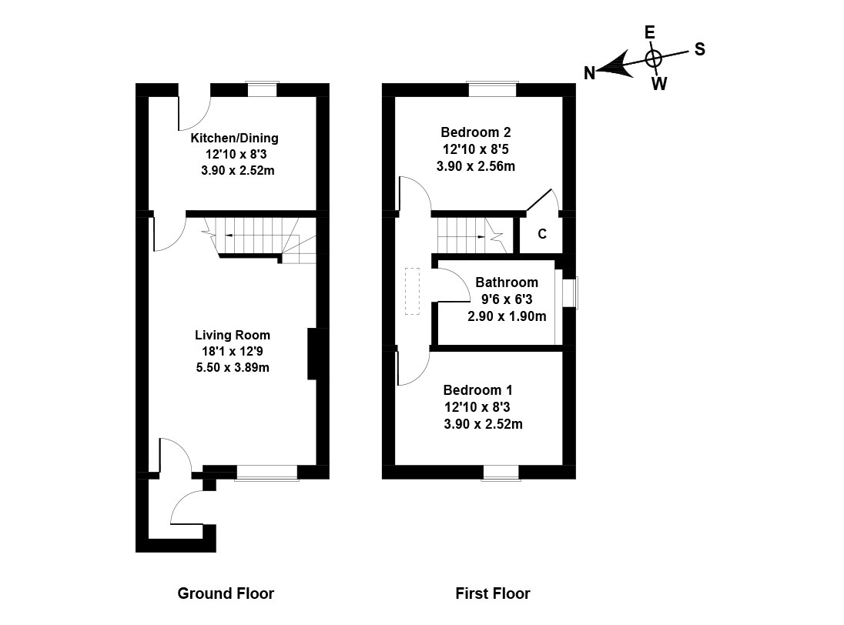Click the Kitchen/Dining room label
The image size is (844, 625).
tap(234, 139)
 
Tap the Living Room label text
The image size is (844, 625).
tap(233, 335)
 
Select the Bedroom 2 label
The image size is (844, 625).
tap(476, 132)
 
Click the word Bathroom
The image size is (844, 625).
tap(506, 282)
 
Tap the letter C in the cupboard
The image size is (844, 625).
tap(542, 234)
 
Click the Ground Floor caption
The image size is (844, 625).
tap(226, 593)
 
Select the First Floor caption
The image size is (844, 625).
tap(493, 593)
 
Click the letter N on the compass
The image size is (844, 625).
tap(590, 73)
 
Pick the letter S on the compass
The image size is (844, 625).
tap(699, 48)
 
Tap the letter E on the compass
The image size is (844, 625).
tap(649, 32)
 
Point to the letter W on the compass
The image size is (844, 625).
tap(659, 84)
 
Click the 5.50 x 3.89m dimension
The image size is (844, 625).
tap(233, 367)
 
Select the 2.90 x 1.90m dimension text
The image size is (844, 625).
tap(507, 316)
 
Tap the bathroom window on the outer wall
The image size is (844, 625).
tap(570, 293)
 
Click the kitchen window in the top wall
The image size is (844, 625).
tap(262, 89)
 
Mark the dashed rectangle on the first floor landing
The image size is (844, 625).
tap(412, 292)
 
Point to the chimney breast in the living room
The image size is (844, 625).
tap(313, 353)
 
